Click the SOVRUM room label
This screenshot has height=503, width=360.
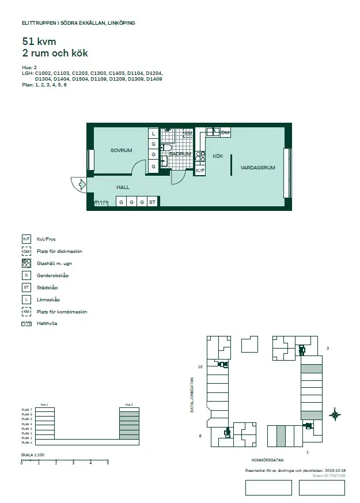pyautogui.click(x=122, y=150)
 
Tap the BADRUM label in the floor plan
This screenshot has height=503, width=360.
pyautogui.click(x=180, y=154)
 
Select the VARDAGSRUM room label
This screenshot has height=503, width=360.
pyautogui.click(x=257, y=168)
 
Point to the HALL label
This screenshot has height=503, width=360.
pyautogui.click(x=123, y=187)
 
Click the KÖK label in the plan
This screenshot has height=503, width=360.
pyautogui.click(x=218, y=156)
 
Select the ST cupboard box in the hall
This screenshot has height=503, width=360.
pyautogui.click(x=152, y=202)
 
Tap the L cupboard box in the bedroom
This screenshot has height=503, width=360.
pyautogui.click(x=153, y=133)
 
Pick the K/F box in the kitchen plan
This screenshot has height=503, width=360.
pyautogui.click(x=200, y=171)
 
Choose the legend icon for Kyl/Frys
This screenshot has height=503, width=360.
pyautogui.click(x=26, y=239)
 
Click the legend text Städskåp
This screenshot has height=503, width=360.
pyautogui.click(x=47, y=288)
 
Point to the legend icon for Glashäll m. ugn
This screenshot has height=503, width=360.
pyautogui.click(x=26, y=263)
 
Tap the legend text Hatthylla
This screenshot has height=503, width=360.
pyautogui.click(x=47, y=324)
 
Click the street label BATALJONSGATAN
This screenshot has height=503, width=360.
pyautogui.click(x=194, y=392)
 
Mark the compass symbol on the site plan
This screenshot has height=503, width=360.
pyautogui.click(x=336, y=414)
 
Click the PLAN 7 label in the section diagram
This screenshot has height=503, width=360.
pyautogui.click(x=26, y=410)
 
